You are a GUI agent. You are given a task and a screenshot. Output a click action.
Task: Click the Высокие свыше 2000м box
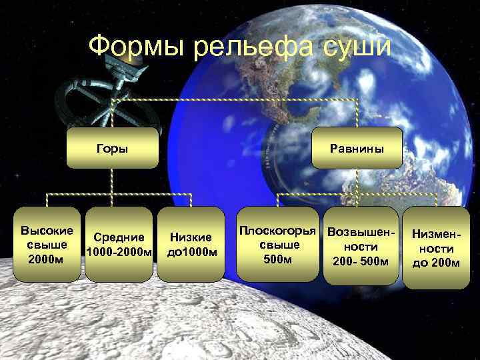(47, 245)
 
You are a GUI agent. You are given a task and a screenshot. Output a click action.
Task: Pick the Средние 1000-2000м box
(119, 245)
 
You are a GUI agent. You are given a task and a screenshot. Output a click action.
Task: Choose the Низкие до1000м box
(191, 245)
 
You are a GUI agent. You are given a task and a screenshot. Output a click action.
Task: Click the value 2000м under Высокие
(47, 258)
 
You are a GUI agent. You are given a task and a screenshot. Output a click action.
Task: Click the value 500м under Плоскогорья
(278, 258)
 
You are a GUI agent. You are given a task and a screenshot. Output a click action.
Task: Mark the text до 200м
(436, 262)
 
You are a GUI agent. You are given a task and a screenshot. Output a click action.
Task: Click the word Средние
(119, 237)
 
